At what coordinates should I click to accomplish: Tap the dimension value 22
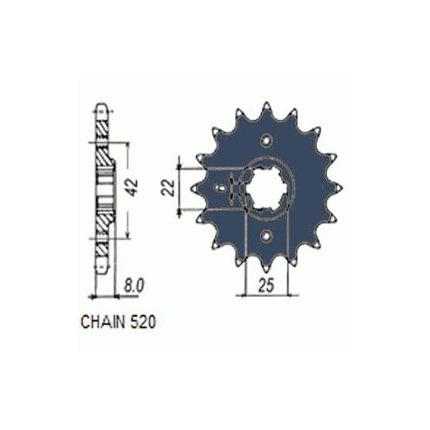(168, 188)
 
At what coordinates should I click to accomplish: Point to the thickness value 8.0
(134, 286)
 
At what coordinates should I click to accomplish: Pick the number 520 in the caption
(143, 321)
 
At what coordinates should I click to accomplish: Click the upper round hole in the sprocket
(266, 140)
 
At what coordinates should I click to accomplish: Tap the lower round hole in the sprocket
(266, 236)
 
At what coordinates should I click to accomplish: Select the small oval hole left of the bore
(220, 188)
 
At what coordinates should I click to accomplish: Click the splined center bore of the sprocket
(265, 188)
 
